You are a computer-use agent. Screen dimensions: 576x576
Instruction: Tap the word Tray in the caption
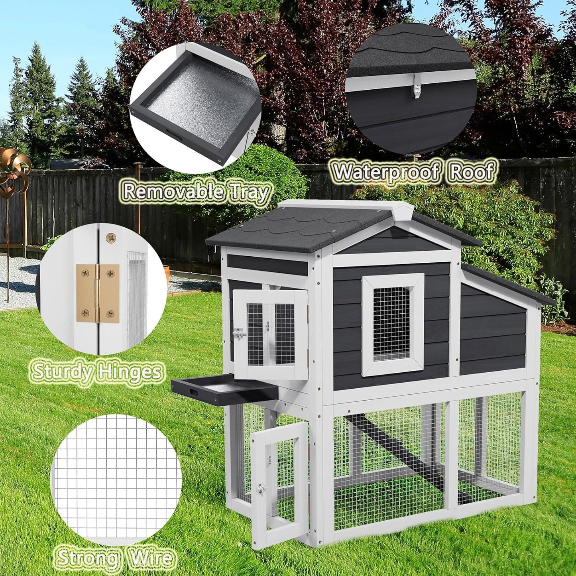[x=251, y=193]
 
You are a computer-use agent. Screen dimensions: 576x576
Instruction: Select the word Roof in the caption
[x=473, y=171]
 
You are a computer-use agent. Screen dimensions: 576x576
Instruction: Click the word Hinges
[x=130, y=372]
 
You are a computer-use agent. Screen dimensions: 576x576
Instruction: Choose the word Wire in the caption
[x=151, y=558]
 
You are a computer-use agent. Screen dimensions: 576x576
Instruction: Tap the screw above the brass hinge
[x=111, y=238]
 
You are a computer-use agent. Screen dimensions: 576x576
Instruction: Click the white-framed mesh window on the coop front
[x=392, y=324]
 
